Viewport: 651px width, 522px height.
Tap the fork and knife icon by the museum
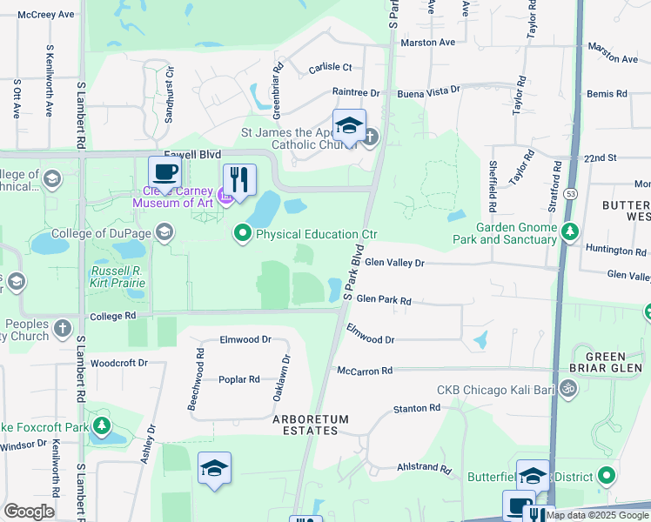(239, 180)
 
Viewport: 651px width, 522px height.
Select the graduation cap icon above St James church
(349, 124)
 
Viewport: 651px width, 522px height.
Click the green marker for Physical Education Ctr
(242, 233)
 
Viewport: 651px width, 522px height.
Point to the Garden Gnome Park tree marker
(570, 231)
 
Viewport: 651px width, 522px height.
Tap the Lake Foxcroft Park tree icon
(103, 426)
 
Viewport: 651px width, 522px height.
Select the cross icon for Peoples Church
(62, 328)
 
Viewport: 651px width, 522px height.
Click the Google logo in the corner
(29, 512)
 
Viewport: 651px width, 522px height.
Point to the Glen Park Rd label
(383, 298)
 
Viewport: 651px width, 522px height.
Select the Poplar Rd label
(239, 379)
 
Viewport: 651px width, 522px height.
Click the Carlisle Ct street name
(330, 67)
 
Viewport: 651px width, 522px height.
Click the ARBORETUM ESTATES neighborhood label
(311, 425)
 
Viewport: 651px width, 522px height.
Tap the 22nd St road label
(600, 158)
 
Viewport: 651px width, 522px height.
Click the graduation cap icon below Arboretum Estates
(214, 469)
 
